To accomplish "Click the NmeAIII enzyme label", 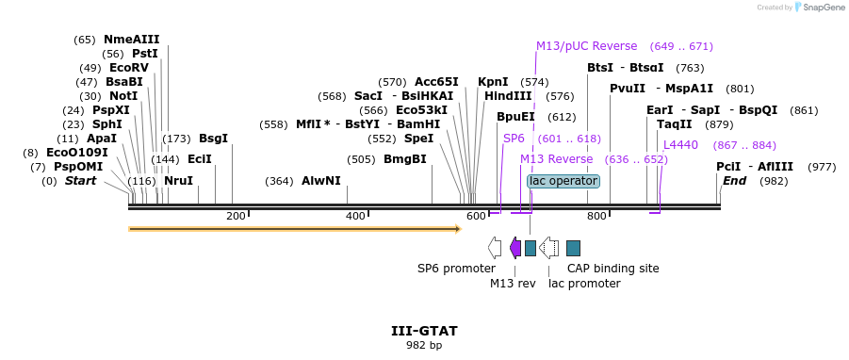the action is pyautogui.click(x=132, y=40).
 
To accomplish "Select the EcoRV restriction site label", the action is pyautogui.click(x=129, y=68).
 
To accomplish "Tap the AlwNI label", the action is pyautogui.click(x=321, y=180).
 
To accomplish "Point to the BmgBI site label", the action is pyautogui.click(x=405, y=159).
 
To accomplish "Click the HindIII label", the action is pyautogui.click(x=509, y=96).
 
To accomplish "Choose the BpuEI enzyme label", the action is pyautogui.click(x=516, y=117).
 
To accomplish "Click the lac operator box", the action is pyautogui.click(x=563, y=181).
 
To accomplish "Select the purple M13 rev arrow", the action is pyautogui.click(x=515, y=248).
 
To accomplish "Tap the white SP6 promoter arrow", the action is pyautogui.click(x=495, y=248).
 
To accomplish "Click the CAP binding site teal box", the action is pyautogui.click(x=574, y=248).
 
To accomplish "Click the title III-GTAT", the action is pyautogui.click(x=424, y=331).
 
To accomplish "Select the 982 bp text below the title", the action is pyautogui.click(x=424, y=345).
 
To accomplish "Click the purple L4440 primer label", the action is pyautogui.click(x=680, y=145).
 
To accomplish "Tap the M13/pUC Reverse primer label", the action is pyautogui.click(x=587, y=46).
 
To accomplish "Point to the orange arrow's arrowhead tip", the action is pyautogui.click(x=462, y=229).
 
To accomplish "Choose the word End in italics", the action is pyautogui.click(x=735, y=181).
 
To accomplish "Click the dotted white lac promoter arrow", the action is pyautogui.click(x=549, y=248).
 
